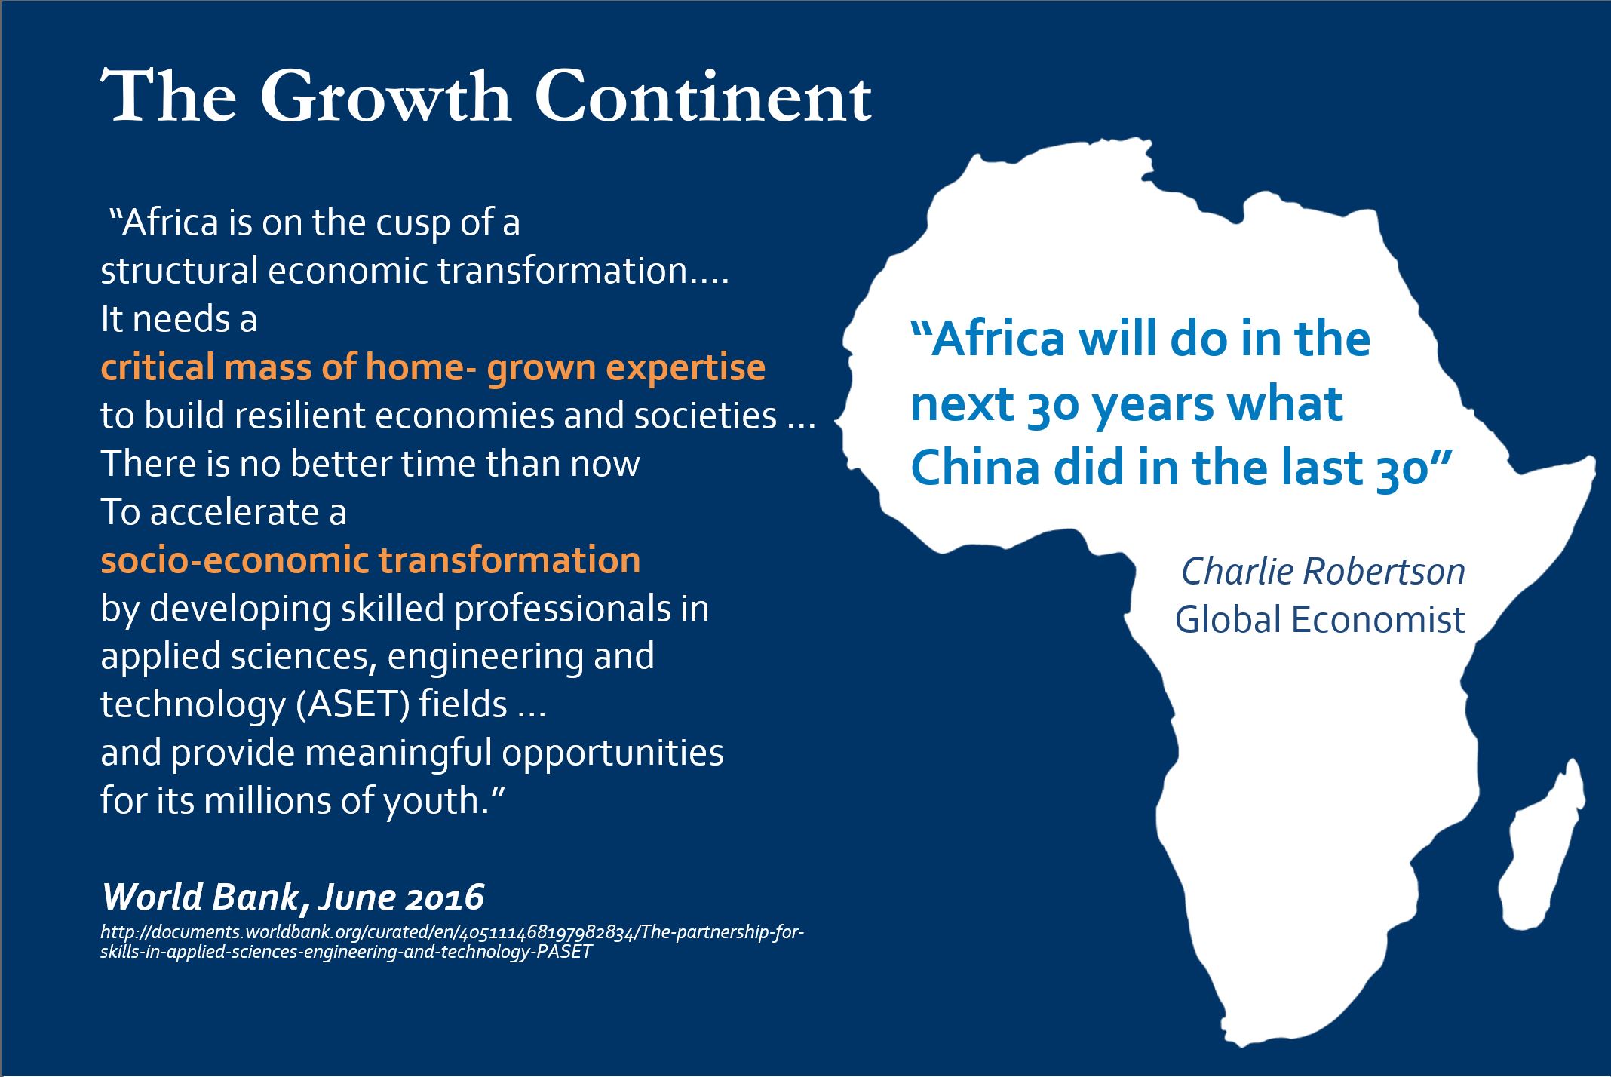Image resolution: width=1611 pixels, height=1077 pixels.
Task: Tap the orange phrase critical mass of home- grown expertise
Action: coord(433,369)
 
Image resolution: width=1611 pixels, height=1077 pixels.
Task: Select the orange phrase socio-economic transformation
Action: coord(370,560)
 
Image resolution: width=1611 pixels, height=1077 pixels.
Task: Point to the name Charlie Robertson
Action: coord(1323,572)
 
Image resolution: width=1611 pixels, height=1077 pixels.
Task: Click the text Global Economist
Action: coord(1320,620)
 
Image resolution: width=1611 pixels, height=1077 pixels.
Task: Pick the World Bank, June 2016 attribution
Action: coord(293,897)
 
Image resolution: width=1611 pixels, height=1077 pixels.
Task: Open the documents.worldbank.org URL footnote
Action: coord(453,942)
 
